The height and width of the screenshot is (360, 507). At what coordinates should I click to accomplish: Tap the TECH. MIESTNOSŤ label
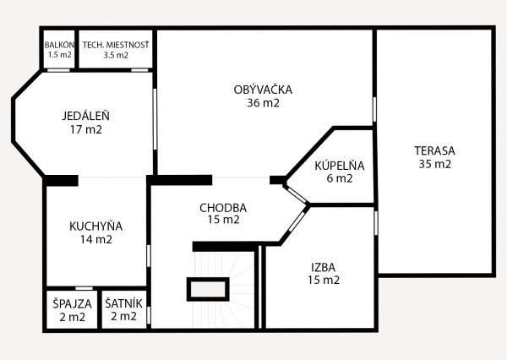[x=116, y=45]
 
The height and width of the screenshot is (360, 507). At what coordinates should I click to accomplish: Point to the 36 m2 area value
[x=263, y=103]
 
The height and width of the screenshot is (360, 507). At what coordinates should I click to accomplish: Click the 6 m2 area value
[x=339, y=178]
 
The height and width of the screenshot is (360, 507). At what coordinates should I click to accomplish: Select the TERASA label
[x=434, y=150]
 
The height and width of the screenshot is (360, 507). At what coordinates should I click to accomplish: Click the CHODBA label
[x=223, y=207]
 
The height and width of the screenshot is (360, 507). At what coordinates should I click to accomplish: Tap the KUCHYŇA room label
[x=96, y=226]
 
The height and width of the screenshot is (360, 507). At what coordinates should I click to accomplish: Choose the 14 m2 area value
[x=95, y=239]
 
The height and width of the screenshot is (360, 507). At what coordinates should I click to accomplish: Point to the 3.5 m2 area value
[x=116, y=56]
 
